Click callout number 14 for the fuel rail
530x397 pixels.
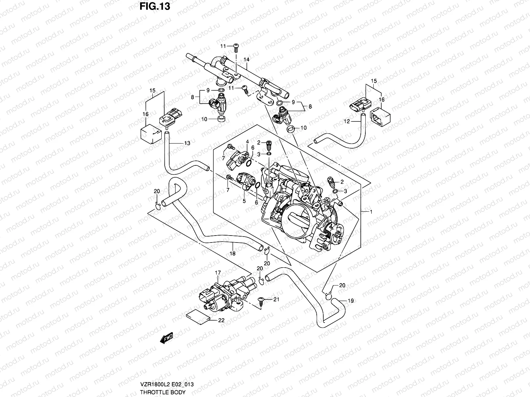click(246, 60)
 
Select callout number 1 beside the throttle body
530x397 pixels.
click(371, 211)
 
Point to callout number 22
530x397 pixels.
click(221, 320)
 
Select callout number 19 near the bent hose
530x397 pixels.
click(351, 301)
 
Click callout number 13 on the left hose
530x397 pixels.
click(187, 143)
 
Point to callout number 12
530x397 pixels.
click(346, 122)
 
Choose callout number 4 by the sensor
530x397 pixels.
click(247, 142)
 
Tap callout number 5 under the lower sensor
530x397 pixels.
click(244, 201)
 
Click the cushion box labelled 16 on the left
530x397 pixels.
click(150, 134)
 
